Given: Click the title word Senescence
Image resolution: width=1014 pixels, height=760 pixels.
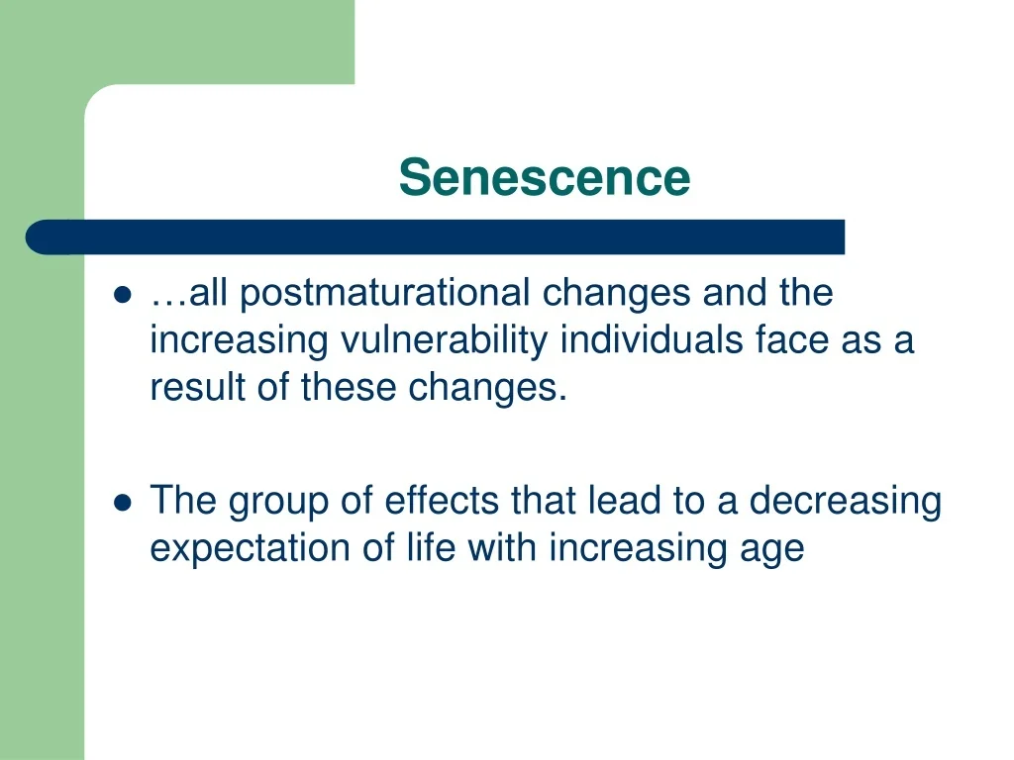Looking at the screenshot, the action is click(x=545, y=177).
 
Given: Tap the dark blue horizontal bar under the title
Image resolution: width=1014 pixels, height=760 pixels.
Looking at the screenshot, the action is click(x=435, y=237).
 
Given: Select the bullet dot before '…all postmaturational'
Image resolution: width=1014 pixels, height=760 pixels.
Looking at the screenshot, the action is click(x=122, y=295).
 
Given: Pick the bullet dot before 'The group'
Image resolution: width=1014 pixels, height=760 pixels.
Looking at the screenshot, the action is click(x=122, y=502).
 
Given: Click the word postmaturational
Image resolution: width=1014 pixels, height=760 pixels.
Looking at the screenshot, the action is click(x=385, y=294).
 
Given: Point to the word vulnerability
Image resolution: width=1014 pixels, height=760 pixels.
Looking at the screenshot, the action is click(x=445, y=340).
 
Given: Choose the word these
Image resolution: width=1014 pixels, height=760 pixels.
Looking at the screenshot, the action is click(x=349, y=387).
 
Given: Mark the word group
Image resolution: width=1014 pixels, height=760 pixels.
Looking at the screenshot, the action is click(x=278, y=502).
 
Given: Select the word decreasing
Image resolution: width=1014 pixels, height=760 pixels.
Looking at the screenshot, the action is click(x=846, y=502).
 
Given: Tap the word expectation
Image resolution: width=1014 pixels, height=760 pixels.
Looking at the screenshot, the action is click(x=251, y=549).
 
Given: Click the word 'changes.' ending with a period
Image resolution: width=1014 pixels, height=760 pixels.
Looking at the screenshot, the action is click(x=487, y=389).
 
